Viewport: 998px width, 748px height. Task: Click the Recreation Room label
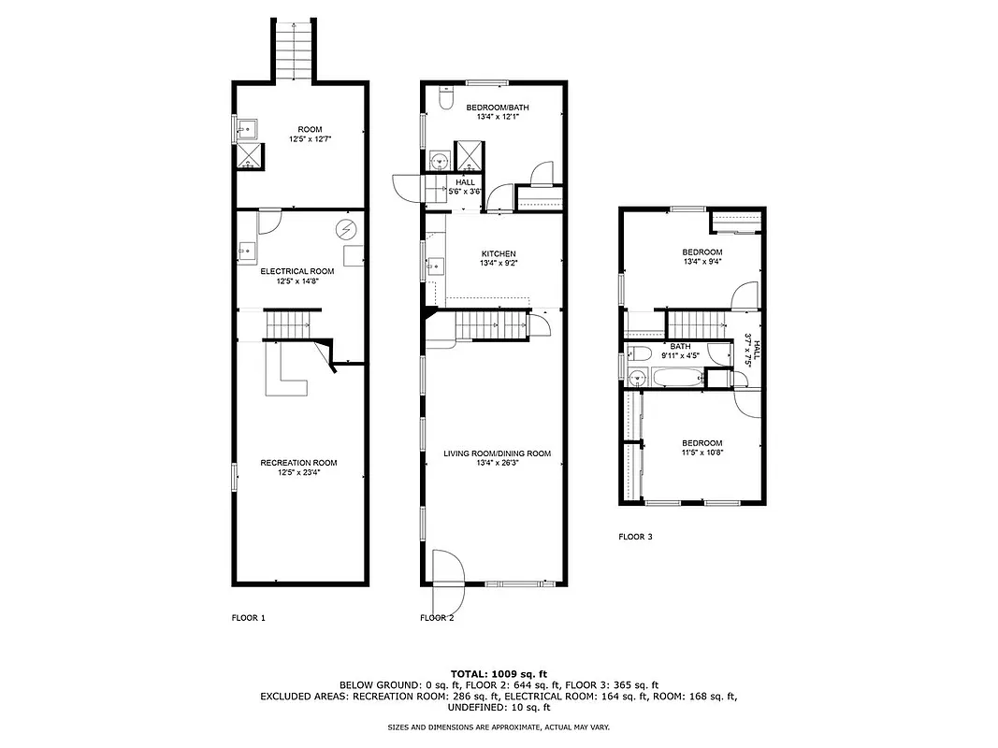[x=298, y=463]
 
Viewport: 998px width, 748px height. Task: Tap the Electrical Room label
[x=297, y=271]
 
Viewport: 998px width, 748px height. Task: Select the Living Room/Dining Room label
[x=497, y=453]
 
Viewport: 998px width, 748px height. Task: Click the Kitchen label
[x=499, y=253]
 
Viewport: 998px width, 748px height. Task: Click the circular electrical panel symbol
[x=346, y=228]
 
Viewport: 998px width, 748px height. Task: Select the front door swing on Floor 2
[x=447, y=568]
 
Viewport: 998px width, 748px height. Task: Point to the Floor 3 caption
[x=635, y=537]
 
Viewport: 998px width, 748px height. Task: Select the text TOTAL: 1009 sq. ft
[x=499, y=673]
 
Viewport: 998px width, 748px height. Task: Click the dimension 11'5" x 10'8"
[x=701, y=453]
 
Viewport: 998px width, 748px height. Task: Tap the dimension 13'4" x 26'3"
[x=497, y=464]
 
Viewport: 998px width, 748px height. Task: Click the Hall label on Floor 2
[x=466, y=181]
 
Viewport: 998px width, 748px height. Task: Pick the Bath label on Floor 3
[x=679, y=346]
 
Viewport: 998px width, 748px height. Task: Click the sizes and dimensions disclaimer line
[x=499, y=726]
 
